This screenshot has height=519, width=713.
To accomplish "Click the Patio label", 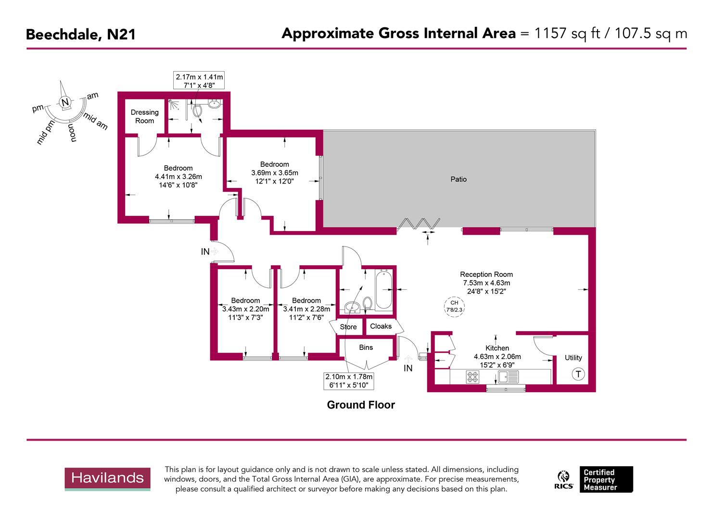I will pos(458,179).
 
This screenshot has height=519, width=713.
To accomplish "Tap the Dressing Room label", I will pos(144,116).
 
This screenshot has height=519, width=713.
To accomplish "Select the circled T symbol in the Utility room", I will pos(578,374).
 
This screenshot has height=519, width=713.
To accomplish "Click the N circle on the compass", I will pos(65,102).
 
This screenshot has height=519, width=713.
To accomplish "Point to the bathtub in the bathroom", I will pos(383,290).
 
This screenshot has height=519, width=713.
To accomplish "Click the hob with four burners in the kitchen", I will pos(472,377).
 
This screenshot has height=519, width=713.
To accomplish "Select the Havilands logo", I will pos(108,479).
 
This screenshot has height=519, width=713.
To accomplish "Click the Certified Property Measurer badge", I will pos(606,479).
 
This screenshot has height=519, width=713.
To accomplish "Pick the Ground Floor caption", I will pos(361,405).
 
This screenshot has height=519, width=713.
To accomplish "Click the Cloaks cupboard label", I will pos(381,326).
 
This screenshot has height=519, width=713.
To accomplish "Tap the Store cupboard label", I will pos(348,327).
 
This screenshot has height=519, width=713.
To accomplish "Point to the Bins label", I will pos(366,347).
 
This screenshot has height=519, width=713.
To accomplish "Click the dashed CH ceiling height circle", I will pos(454,306).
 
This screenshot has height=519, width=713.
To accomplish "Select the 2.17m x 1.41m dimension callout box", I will pos(199,81).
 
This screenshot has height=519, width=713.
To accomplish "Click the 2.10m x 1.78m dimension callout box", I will pos(349,381).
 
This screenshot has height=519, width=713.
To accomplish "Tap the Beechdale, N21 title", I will pos(80,35).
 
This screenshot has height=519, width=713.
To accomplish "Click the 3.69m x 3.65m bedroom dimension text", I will pos(275,173).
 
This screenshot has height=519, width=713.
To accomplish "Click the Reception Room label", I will pos(486,275).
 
